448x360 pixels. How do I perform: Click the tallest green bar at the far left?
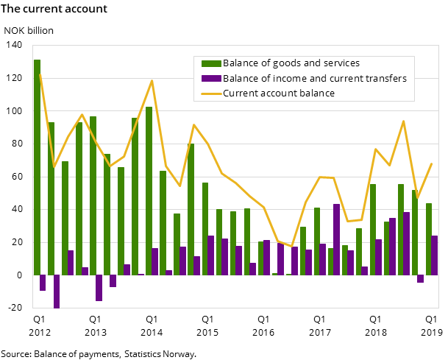click(x=37, y=167)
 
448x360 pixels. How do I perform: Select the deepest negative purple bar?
click(x=57, y=292)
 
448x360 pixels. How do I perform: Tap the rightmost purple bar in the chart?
click(x=435, y=255)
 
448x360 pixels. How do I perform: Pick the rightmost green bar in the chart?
click(x=429, y=239)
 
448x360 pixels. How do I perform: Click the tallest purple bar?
click(x=336, y=239)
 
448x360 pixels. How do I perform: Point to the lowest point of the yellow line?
click(x=291, y=246)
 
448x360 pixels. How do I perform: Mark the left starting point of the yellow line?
click(x=40, y=74)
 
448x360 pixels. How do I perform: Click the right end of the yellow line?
click(x=432, y=163)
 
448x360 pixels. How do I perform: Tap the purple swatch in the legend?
click(x=210, y=79)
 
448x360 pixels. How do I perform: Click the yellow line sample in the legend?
click(x=210, y=93)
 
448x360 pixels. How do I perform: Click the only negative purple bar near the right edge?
click(x=421, y=279)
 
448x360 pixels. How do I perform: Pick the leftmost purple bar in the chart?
click(x=43, y=283)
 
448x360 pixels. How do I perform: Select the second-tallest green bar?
click(x=149, y=191)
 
